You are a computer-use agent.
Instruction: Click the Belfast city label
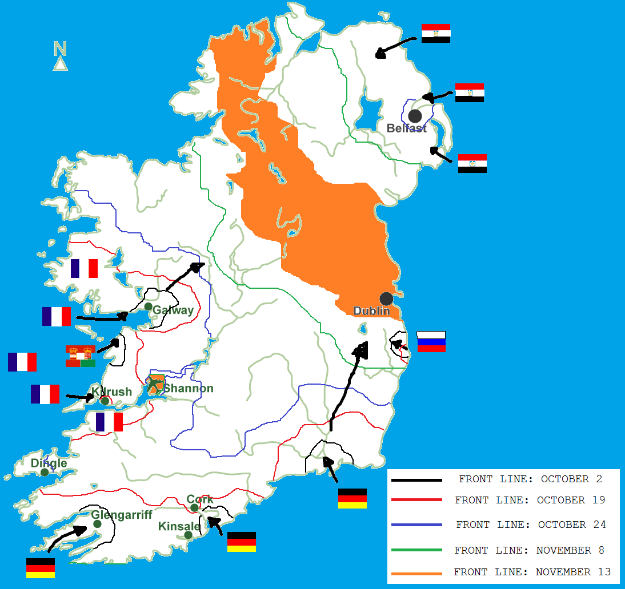point(406,128)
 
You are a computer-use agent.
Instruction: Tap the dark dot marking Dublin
point(386,298)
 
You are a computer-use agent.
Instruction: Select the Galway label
point(173,310)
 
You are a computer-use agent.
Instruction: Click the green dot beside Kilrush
point(105,401)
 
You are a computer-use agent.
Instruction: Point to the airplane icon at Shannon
point(156,384)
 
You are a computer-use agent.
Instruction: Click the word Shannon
point(189,389)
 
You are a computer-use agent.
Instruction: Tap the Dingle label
point(49,463)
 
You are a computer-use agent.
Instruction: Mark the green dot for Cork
point(194,507)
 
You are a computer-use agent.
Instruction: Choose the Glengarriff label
point(122,515)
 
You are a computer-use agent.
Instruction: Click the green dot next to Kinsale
point(188,535)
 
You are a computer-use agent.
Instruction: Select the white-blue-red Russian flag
point(431,341)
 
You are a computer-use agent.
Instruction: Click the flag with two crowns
point(81,356)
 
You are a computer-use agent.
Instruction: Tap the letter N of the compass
point(61,49)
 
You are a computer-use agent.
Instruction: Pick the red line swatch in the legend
point(416,500)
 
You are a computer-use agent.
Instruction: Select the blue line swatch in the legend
point(416,525)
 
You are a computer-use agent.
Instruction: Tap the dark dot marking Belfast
point(415,115)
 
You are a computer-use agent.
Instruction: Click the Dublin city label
point(371,311)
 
